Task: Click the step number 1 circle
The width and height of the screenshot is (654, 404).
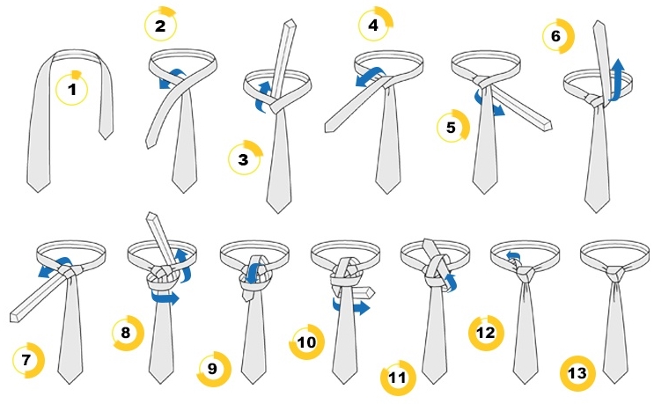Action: (72, 89)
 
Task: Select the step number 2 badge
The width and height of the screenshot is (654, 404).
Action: (160, 26)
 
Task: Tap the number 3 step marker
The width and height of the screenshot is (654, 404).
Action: (245, 158)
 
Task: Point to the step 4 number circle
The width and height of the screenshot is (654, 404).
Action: (374, 24)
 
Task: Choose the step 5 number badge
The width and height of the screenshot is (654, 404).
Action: (452, 127)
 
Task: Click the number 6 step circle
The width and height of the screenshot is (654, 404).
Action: (558, 36)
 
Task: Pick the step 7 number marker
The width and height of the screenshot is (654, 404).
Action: (27, 359)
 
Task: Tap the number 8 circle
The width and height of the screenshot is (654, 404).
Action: (128, 333)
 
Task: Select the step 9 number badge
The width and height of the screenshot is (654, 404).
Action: (214, 369)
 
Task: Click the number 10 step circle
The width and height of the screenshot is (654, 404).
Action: (307, 342)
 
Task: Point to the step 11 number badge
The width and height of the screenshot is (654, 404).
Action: (398, 378)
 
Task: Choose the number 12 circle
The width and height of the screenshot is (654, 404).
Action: (487, 333)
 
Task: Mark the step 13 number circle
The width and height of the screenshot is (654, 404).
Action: (577, 373)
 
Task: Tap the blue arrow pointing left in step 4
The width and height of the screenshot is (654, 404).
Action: (369, 77)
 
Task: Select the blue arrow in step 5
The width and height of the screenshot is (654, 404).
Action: (488, 104)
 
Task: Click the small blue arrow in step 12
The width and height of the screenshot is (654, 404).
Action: (513, 256)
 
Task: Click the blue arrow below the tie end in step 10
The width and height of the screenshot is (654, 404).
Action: (351, 306)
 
